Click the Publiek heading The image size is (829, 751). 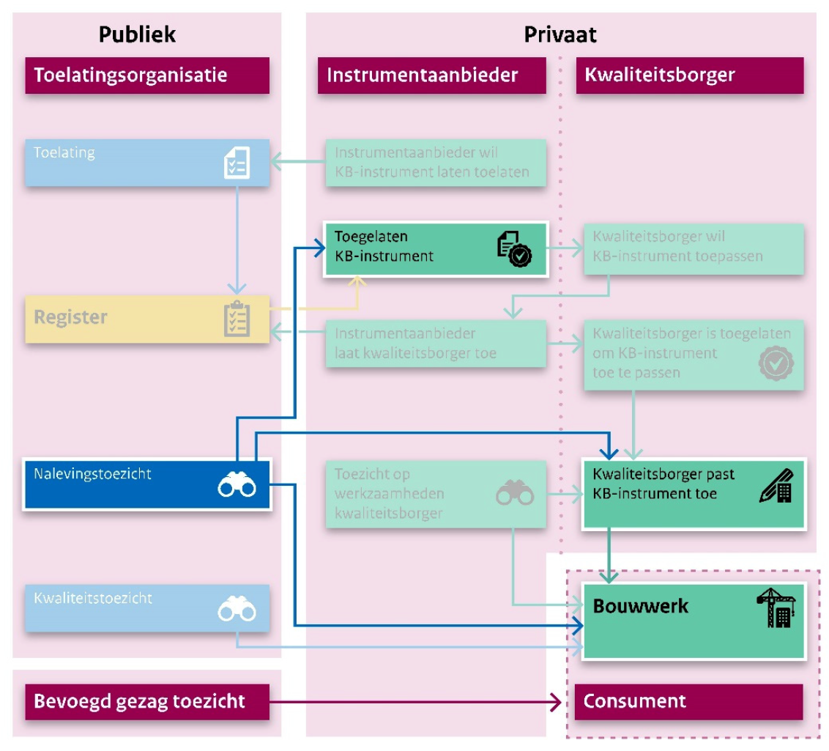pyautogui.click(x=138, y=34)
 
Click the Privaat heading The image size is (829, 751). pyautogui.click(x=560, y=34)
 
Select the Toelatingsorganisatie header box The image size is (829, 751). pyautogui.click(x=147, y=75)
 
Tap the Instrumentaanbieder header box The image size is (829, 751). pyautogui.click(x=431, y=75)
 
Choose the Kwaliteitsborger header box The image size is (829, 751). pyautogui.click(x=689, y=75)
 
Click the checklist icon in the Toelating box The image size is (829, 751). pyautogui.click(x=236, y=163)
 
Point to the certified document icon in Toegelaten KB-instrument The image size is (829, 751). pyautogui.click(x=514, y=249)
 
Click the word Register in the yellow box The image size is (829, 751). pyautogui.click(x=71, y=317)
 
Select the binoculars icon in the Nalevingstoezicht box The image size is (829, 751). pyautogui.click(x=237, y=485)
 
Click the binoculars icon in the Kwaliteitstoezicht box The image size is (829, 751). pyautogui.click(x=237, y=610)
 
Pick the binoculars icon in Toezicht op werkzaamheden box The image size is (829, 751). pyautogui.click(x=515, y=494)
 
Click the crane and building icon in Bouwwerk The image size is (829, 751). pyautogui.click(x=776, y=608)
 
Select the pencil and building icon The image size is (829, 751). pyautogui.click(x=776, y=486)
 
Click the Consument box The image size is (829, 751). pyautogui.click(x=689, y=701)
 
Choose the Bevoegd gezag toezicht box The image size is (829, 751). pyautogui.click(x=147, y=701)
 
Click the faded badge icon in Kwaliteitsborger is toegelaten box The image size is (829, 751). pyautogui.click(x=776, y=363)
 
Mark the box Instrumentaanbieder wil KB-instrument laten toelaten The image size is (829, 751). pyautogui.click(x=435, y=163)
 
